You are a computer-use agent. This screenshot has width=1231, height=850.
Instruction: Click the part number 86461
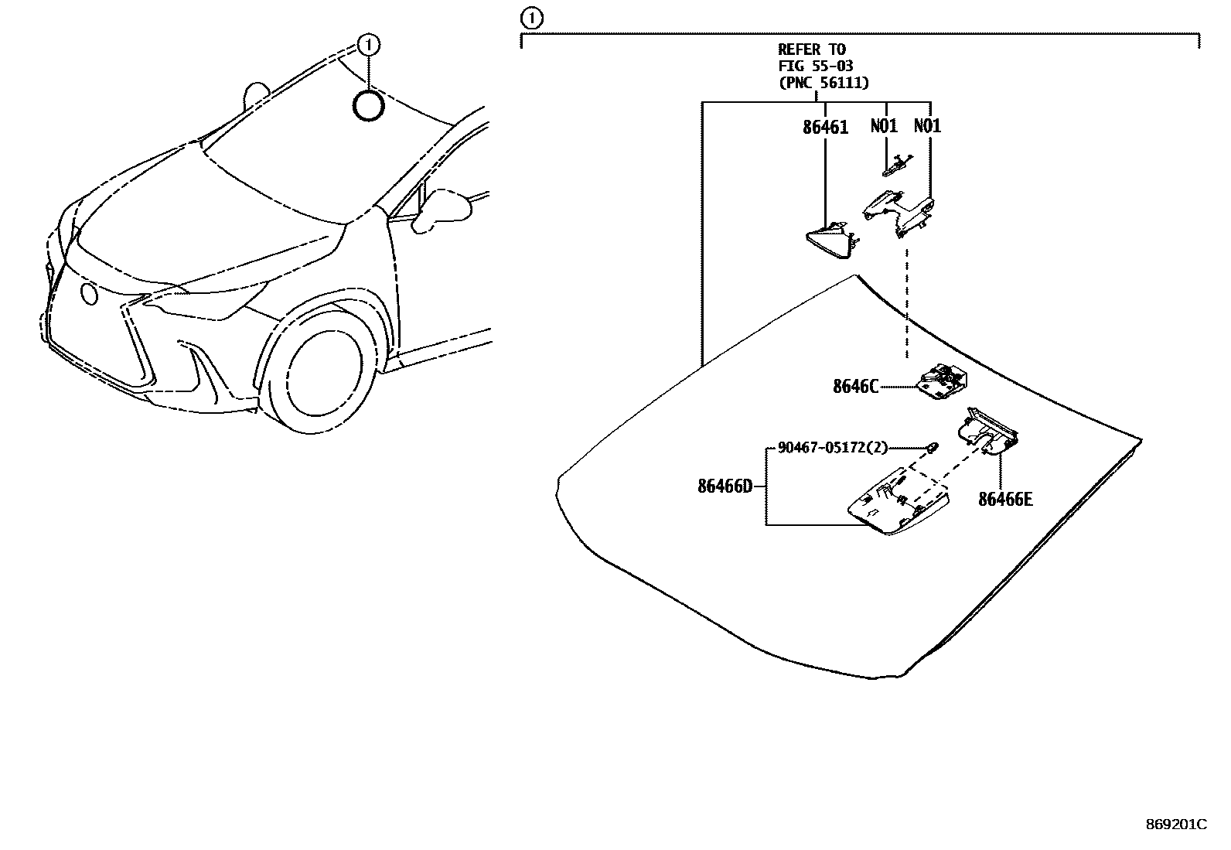click(x=825, y=128)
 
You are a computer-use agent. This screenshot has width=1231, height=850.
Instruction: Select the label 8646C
click(x=855, y=387)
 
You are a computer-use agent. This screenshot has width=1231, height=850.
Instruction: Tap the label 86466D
click(x=725, y=486)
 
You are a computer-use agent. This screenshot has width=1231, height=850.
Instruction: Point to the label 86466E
click(x=1005, y=500)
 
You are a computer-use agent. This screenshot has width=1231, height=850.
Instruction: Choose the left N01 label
click(x=884, y=126)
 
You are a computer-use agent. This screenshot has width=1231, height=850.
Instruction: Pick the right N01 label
click(x=927, y=126)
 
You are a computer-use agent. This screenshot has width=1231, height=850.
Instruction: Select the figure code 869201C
click(x=1175, y=824)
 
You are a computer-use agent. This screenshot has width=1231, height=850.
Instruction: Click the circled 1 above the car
click(x=370, y=45)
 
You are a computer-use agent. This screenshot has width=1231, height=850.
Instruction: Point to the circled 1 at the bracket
click(x=532, y=18)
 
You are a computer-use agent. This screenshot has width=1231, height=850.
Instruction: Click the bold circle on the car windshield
click(x=368, y=106)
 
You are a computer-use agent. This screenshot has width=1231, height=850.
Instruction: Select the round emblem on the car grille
click(x=90, y=294)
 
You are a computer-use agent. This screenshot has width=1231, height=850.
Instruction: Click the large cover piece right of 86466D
click(x=898, y=502)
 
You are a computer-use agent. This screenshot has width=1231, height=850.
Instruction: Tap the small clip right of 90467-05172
click(x=933, y=446)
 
